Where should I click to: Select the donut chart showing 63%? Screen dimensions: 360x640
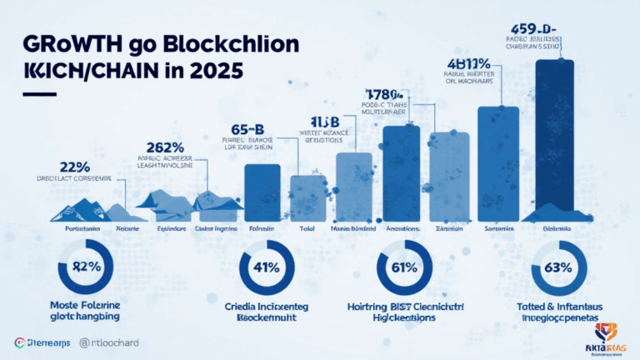point(556,267)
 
